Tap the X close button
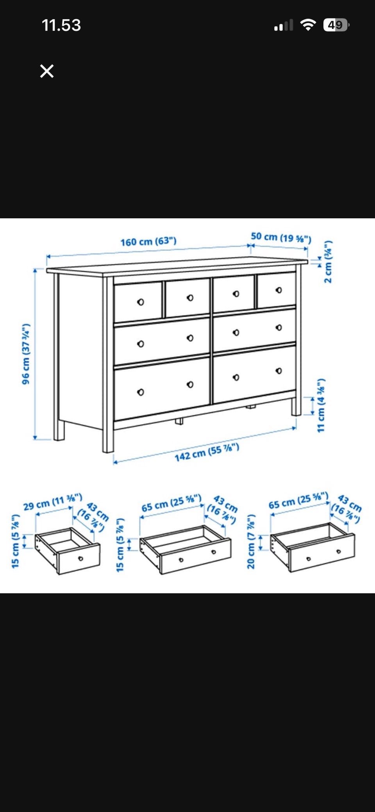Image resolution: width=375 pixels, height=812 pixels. point(47,71)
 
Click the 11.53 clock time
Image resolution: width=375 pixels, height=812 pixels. point(61,25)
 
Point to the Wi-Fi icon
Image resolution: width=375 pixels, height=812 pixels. point(308,25)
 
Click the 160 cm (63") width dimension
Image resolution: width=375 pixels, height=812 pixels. point(148,241)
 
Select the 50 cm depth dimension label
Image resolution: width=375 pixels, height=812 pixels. point(281,237)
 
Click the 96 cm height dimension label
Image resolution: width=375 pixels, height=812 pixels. point(26,354)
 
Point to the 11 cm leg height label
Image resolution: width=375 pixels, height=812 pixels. point(321,405)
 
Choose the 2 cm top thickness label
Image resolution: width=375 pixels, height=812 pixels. point(328,261)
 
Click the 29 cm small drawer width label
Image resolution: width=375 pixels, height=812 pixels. point(53,502)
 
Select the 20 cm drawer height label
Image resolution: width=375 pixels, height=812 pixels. point(251,541)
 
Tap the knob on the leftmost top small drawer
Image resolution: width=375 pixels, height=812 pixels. point(141,302)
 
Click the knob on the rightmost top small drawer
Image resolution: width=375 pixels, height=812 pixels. point(279,290)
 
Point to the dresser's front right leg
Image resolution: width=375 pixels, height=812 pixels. point(296,406)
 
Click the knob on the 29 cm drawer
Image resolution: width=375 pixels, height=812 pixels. point(80,559)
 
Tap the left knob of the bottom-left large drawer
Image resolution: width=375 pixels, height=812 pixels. point(141,392)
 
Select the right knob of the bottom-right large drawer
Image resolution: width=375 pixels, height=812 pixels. point(279,371)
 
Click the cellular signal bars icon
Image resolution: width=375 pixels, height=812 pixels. point(284,25)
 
